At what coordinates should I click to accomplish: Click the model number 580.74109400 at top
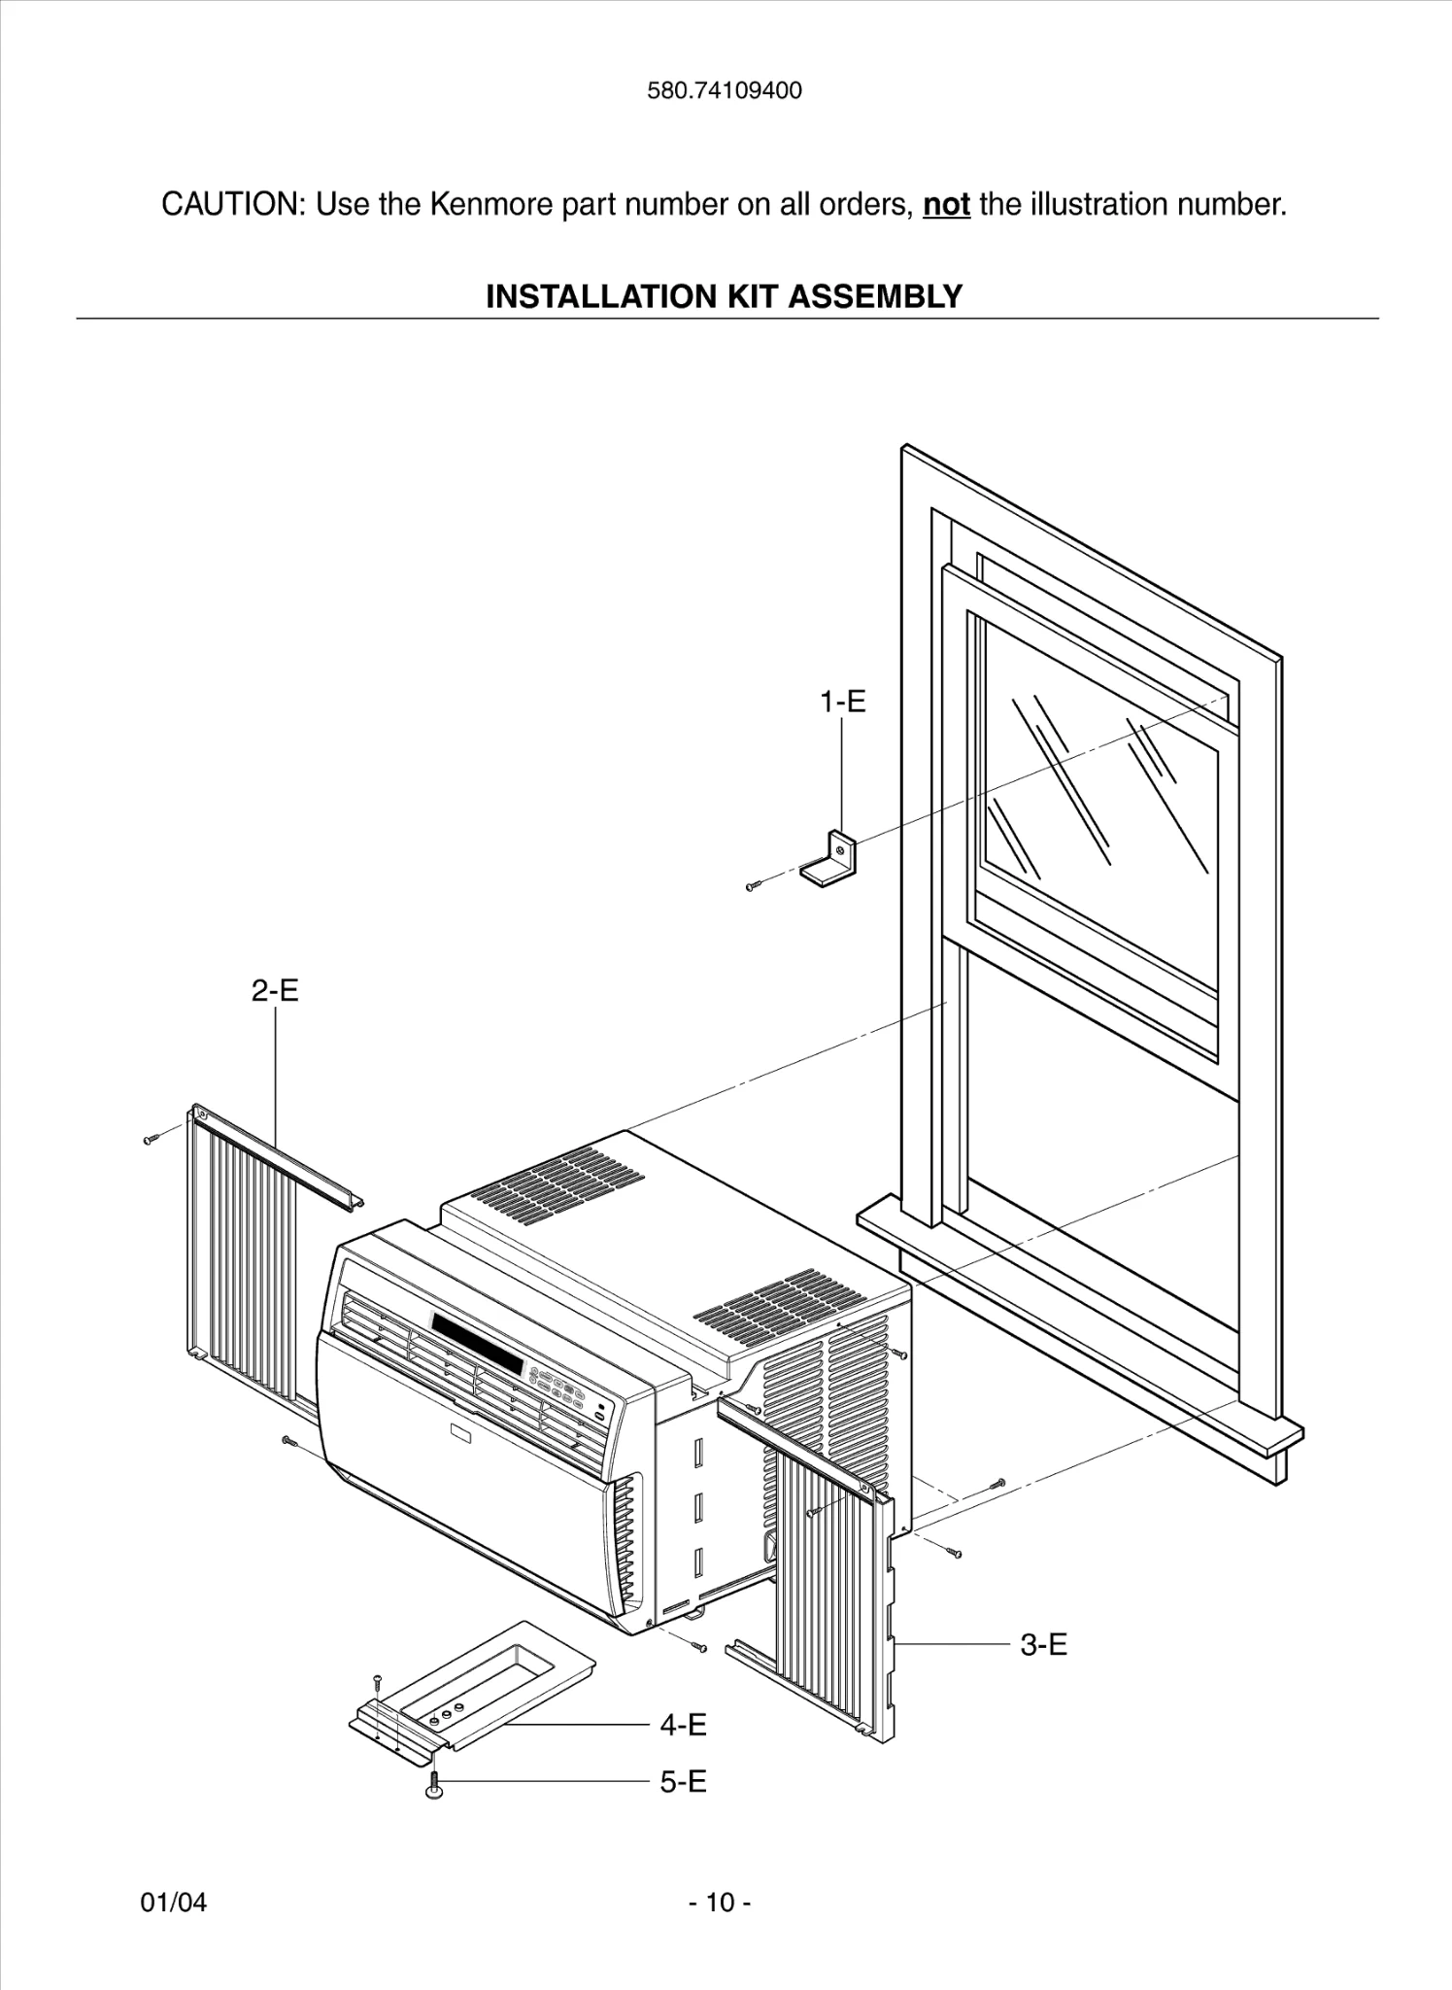[x=725, y=91]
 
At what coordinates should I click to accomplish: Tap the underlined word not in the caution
[x=946, y=205]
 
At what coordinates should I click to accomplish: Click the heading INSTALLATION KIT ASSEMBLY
[x=725, y=295]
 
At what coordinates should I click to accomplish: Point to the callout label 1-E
[x=842, y=702]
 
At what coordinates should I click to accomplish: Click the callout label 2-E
[x=275, y=990]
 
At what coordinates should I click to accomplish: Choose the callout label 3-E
[x=1043, y=1644]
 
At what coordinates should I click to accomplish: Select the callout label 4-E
[x=683, y=1725]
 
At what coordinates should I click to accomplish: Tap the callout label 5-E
[x=683, y=1781]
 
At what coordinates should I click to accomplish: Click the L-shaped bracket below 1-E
[x=830, y=860]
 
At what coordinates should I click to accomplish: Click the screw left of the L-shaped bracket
[x=754, y=885]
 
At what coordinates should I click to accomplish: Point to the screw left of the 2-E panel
[x=150, y=1138]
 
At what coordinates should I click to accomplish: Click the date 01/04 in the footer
[x=174, y=1902]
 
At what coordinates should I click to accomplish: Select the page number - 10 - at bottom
[x=720, y=1902]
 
